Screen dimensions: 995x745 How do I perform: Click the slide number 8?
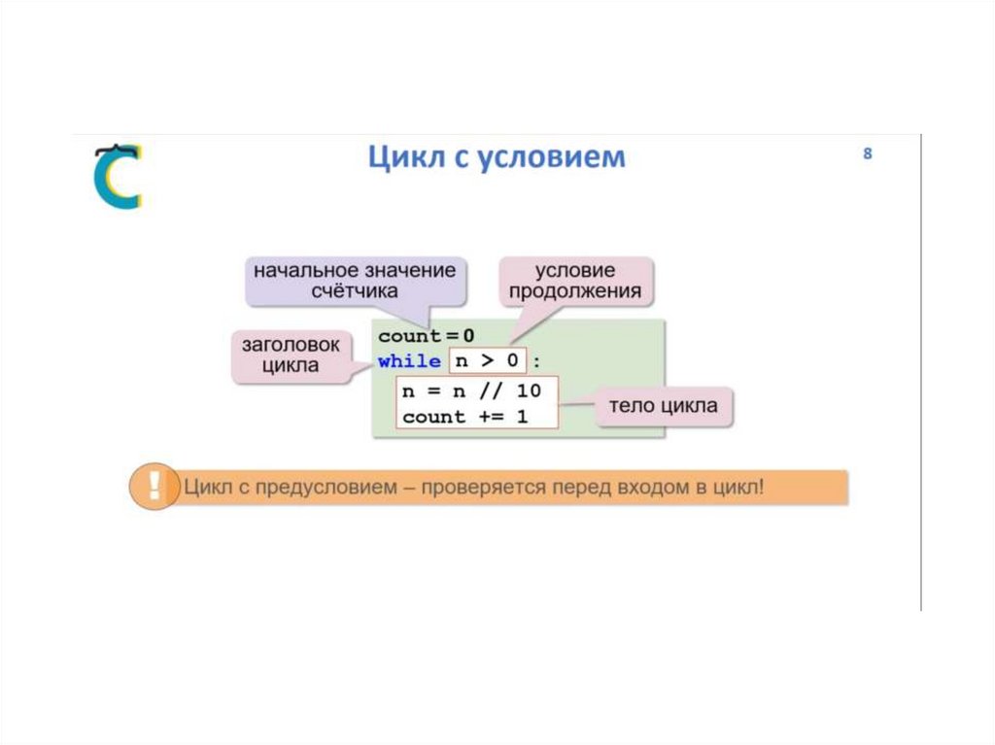[867, 153]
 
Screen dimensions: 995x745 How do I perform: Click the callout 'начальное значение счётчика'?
[355, 280]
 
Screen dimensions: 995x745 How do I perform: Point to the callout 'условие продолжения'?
[575, 281]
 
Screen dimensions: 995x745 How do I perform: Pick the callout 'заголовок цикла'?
[291, 356]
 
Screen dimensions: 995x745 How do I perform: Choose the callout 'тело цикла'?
[664, 406]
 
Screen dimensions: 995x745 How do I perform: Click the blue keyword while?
[409, 361]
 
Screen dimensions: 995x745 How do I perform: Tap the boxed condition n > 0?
[487, 361]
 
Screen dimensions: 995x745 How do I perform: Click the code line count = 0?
[427, 336]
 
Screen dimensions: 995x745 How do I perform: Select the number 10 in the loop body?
[530, 392]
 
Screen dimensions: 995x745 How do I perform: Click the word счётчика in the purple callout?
[355, 290]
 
